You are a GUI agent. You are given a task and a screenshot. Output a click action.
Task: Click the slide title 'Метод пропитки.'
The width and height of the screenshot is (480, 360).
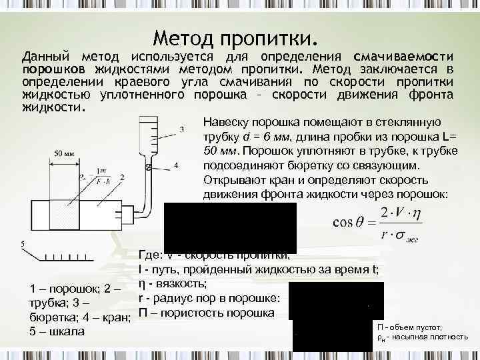[236, 34]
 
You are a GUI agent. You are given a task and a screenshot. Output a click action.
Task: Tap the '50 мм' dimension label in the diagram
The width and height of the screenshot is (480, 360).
[64, 153]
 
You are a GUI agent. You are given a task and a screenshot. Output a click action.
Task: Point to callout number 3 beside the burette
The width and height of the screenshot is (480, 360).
[182, 129]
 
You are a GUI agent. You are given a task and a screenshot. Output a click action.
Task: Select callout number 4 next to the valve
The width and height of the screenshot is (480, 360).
[175, 164]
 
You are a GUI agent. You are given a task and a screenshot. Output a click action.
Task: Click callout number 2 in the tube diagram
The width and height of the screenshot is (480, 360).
[123, 178]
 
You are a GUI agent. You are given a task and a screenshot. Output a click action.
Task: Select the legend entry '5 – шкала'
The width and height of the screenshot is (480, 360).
[56, 331]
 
